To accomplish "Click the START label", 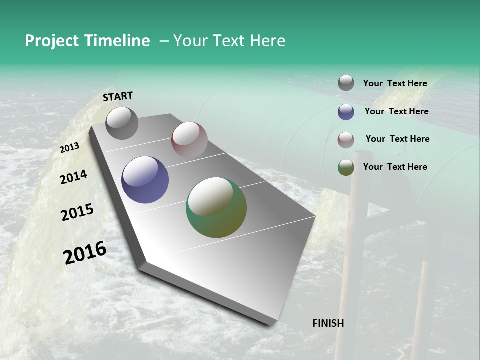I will tap(118, 96).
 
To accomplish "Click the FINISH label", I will tap(328, 323).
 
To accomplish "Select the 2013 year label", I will tap(70, 147).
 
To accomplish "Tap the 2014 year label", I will tap(73, 177).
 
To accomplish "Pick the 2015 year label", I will tap(77, 212).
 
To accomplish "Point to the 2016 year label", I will tap(85, 253).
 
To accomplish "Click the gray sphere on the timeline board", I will tap(122, 123).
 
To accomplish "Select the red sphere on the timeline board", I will tap(189, 139).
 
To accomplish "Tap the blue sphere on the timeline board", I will tap(145, 180).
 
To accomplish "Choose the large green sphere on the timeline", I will tap(216, 207).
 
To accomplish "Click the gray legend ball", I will tap(346, 83).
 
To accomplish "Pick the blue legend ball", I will tap(346, 112).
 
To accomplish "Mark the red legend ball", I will tap(346, 140).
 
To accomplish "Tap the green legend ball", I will tap(346, 167).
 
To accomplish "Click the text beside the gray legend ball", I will tap(395, 83).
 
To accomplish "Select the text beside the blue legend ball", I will tap(396, 111).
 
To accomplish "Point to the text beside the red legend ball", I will tap(397, 139).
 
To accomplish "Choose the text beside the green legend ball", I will tap(395, 167).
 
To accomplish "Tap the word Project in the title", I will tap(52, 41).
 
